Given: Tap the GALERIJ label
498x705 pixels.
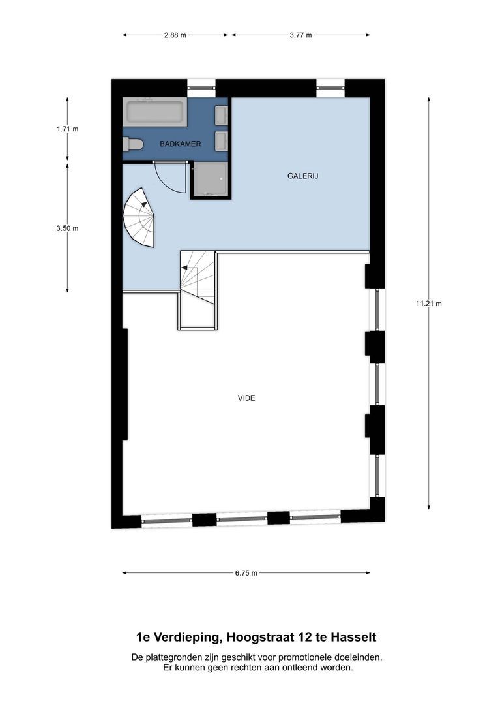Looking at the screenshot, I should point(302,176).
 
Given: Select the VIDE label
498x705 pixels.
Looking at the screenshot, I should point(246,398).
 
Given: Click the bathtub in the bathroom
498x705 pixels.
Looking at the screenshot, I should point(156,112).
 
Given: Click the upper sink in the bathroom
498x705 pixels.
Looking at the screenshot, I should point(222,116).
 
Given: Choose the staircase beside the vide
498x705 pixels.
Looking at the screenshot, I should point(198,277).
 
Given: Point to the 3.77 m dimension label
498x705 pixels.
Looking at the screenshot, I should point(300,35).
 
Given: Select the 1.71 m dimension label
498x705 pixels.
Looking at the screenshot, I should point(67,129).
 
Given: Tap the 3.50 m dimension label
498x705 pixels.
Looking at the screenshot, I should point(67,228).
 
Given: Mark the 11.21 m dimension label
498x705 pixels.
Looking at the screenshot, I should point(428,304).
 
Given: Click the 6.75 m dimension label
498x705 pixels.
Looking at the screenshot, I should point(246,573).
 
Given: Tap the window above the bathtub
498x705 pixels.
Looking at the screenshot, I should point(201,84).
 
